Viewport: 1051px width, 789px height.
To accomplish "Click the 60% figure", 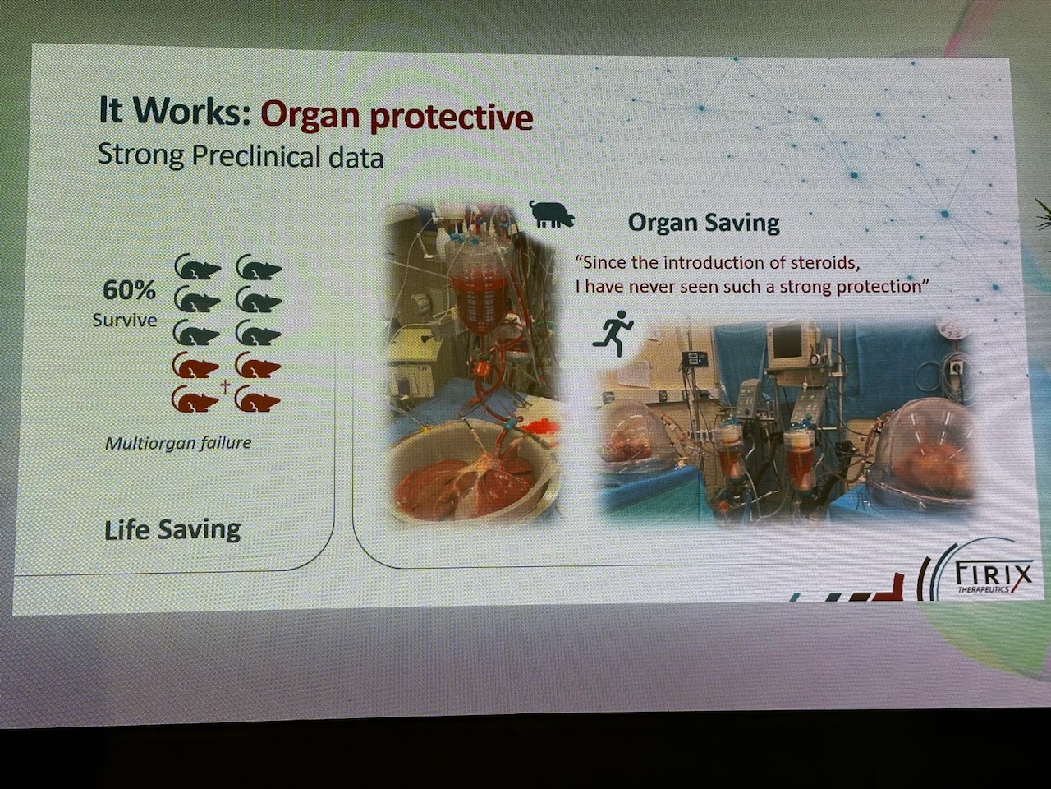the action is [x=129, y=291].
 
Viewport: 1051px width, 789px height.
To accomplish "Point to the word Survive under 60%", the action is [x=125, y=320].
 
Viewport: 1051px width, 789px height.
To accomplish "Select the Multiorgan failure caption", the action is [x=178, y=443].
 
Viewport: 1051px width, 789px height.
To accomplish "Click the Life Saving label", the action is [x=172, y=530].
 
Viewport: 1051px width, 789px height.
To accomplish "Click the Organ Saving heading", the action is [x=704, y=223].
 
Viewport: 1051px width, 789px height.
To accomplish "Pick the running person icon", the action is [x=613, y=334].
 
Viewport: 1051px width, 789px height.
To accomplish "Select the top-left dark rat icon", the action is [x=197, y=267].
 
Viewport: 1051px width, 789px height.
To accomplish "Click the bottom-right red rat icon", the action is [x=259, y=398].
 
